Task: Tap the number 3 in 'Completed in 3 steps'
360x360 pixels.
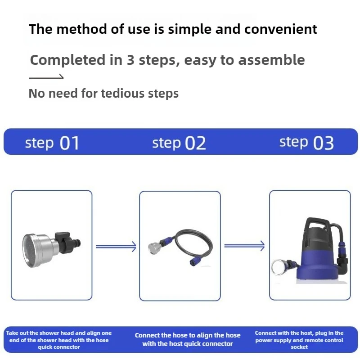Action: [130, 60]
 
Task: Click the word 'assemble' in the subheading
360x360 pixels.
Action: [272, 60]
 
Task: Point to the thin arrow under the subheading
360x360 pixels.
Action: [46, 76]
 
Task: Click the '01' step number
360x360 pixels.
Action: [69, 143]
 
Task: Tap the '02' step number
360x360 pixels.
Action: [195, 143]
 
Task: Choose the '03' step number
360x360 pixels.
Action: [323, 143]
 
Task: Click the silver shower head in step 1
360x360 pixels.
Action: [39, 251]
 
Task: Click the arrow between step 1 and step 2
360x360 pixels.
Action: [116, 247]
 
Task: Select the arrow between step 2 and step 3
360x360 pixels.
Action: [244, 246]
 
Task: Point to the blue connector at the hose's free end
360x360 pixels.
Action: [194, 261]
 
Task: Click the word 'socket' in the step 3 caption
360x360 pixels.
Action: [299, 347]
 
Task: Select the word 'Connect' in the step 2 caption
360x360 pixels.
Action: [147, 335]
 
